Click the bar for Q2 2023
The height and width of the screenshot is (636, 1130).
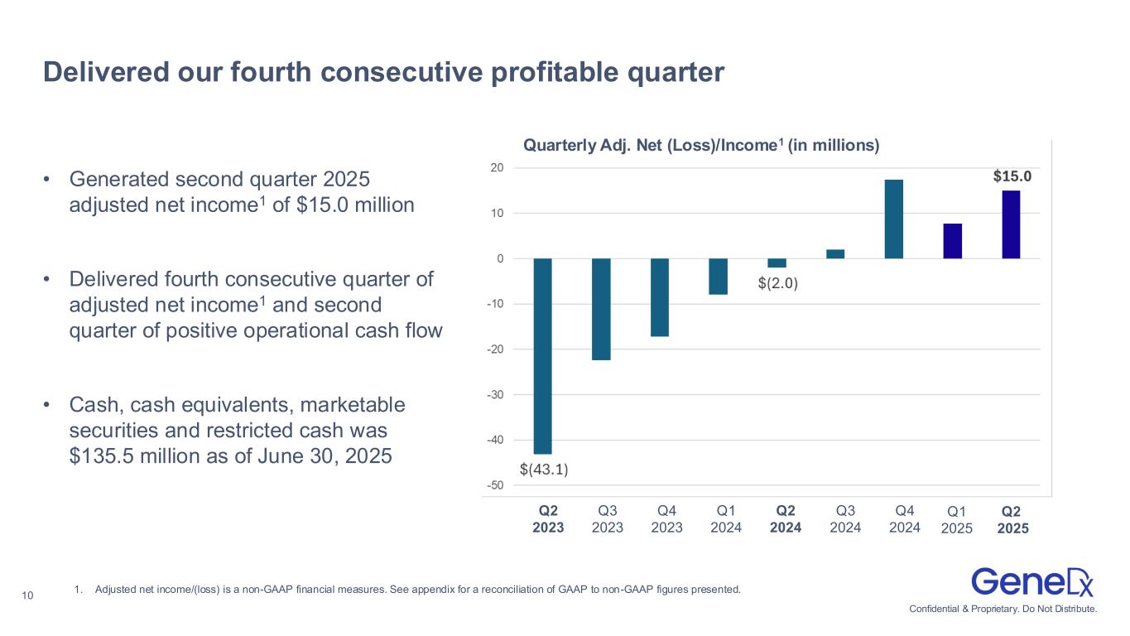[x=542, y=356]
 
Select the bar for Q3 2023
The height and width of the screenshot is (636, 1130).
[x=601, y=309]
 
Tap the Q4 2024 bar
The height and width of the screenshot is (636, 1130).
[x=894, y=219]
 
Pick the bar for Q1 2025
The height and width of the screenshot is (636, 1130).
[x=952, y=241]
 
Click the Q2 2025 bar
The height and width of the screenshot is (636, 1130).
[x=1011, y=224]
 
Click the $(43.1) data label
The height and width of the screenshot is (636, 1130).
[x=544, y=469]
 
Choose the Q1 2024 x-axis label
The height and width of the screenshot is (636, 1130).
[x=726, y=519]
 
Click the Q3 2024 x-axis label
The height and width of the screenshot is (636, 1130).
[x=845, y=519]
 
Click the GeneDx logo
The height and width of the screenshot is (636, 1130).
[x=1032, y=581]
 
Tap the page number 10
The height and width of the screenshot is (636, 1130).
[x=28, y=593]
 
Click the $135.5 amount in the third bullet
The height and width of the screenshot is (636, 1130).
[x=99, y=456]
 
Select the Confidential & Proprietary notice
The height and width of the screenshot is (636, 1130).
[x=1003, y=609]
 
